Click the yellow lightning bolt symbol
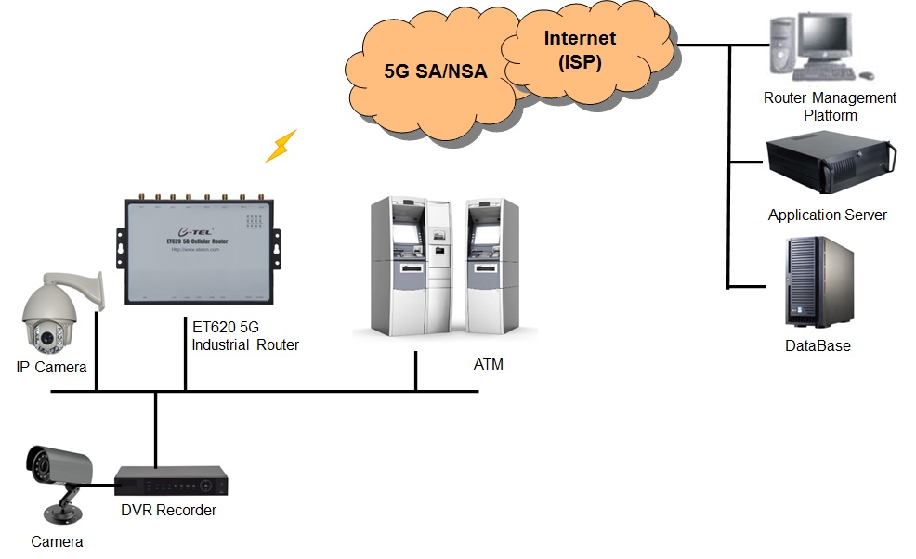281,146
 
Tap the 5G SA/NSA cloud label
436,71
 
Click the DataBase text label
818,346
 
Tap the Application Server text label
827,215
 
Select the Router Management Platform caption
830,106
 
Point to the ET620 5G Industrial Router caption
245,336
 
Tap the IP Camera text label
51,368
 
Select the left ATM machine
411,269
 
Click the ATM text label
489,365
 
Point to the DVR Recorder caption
168,511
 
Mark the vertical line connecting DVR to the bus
154,427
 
